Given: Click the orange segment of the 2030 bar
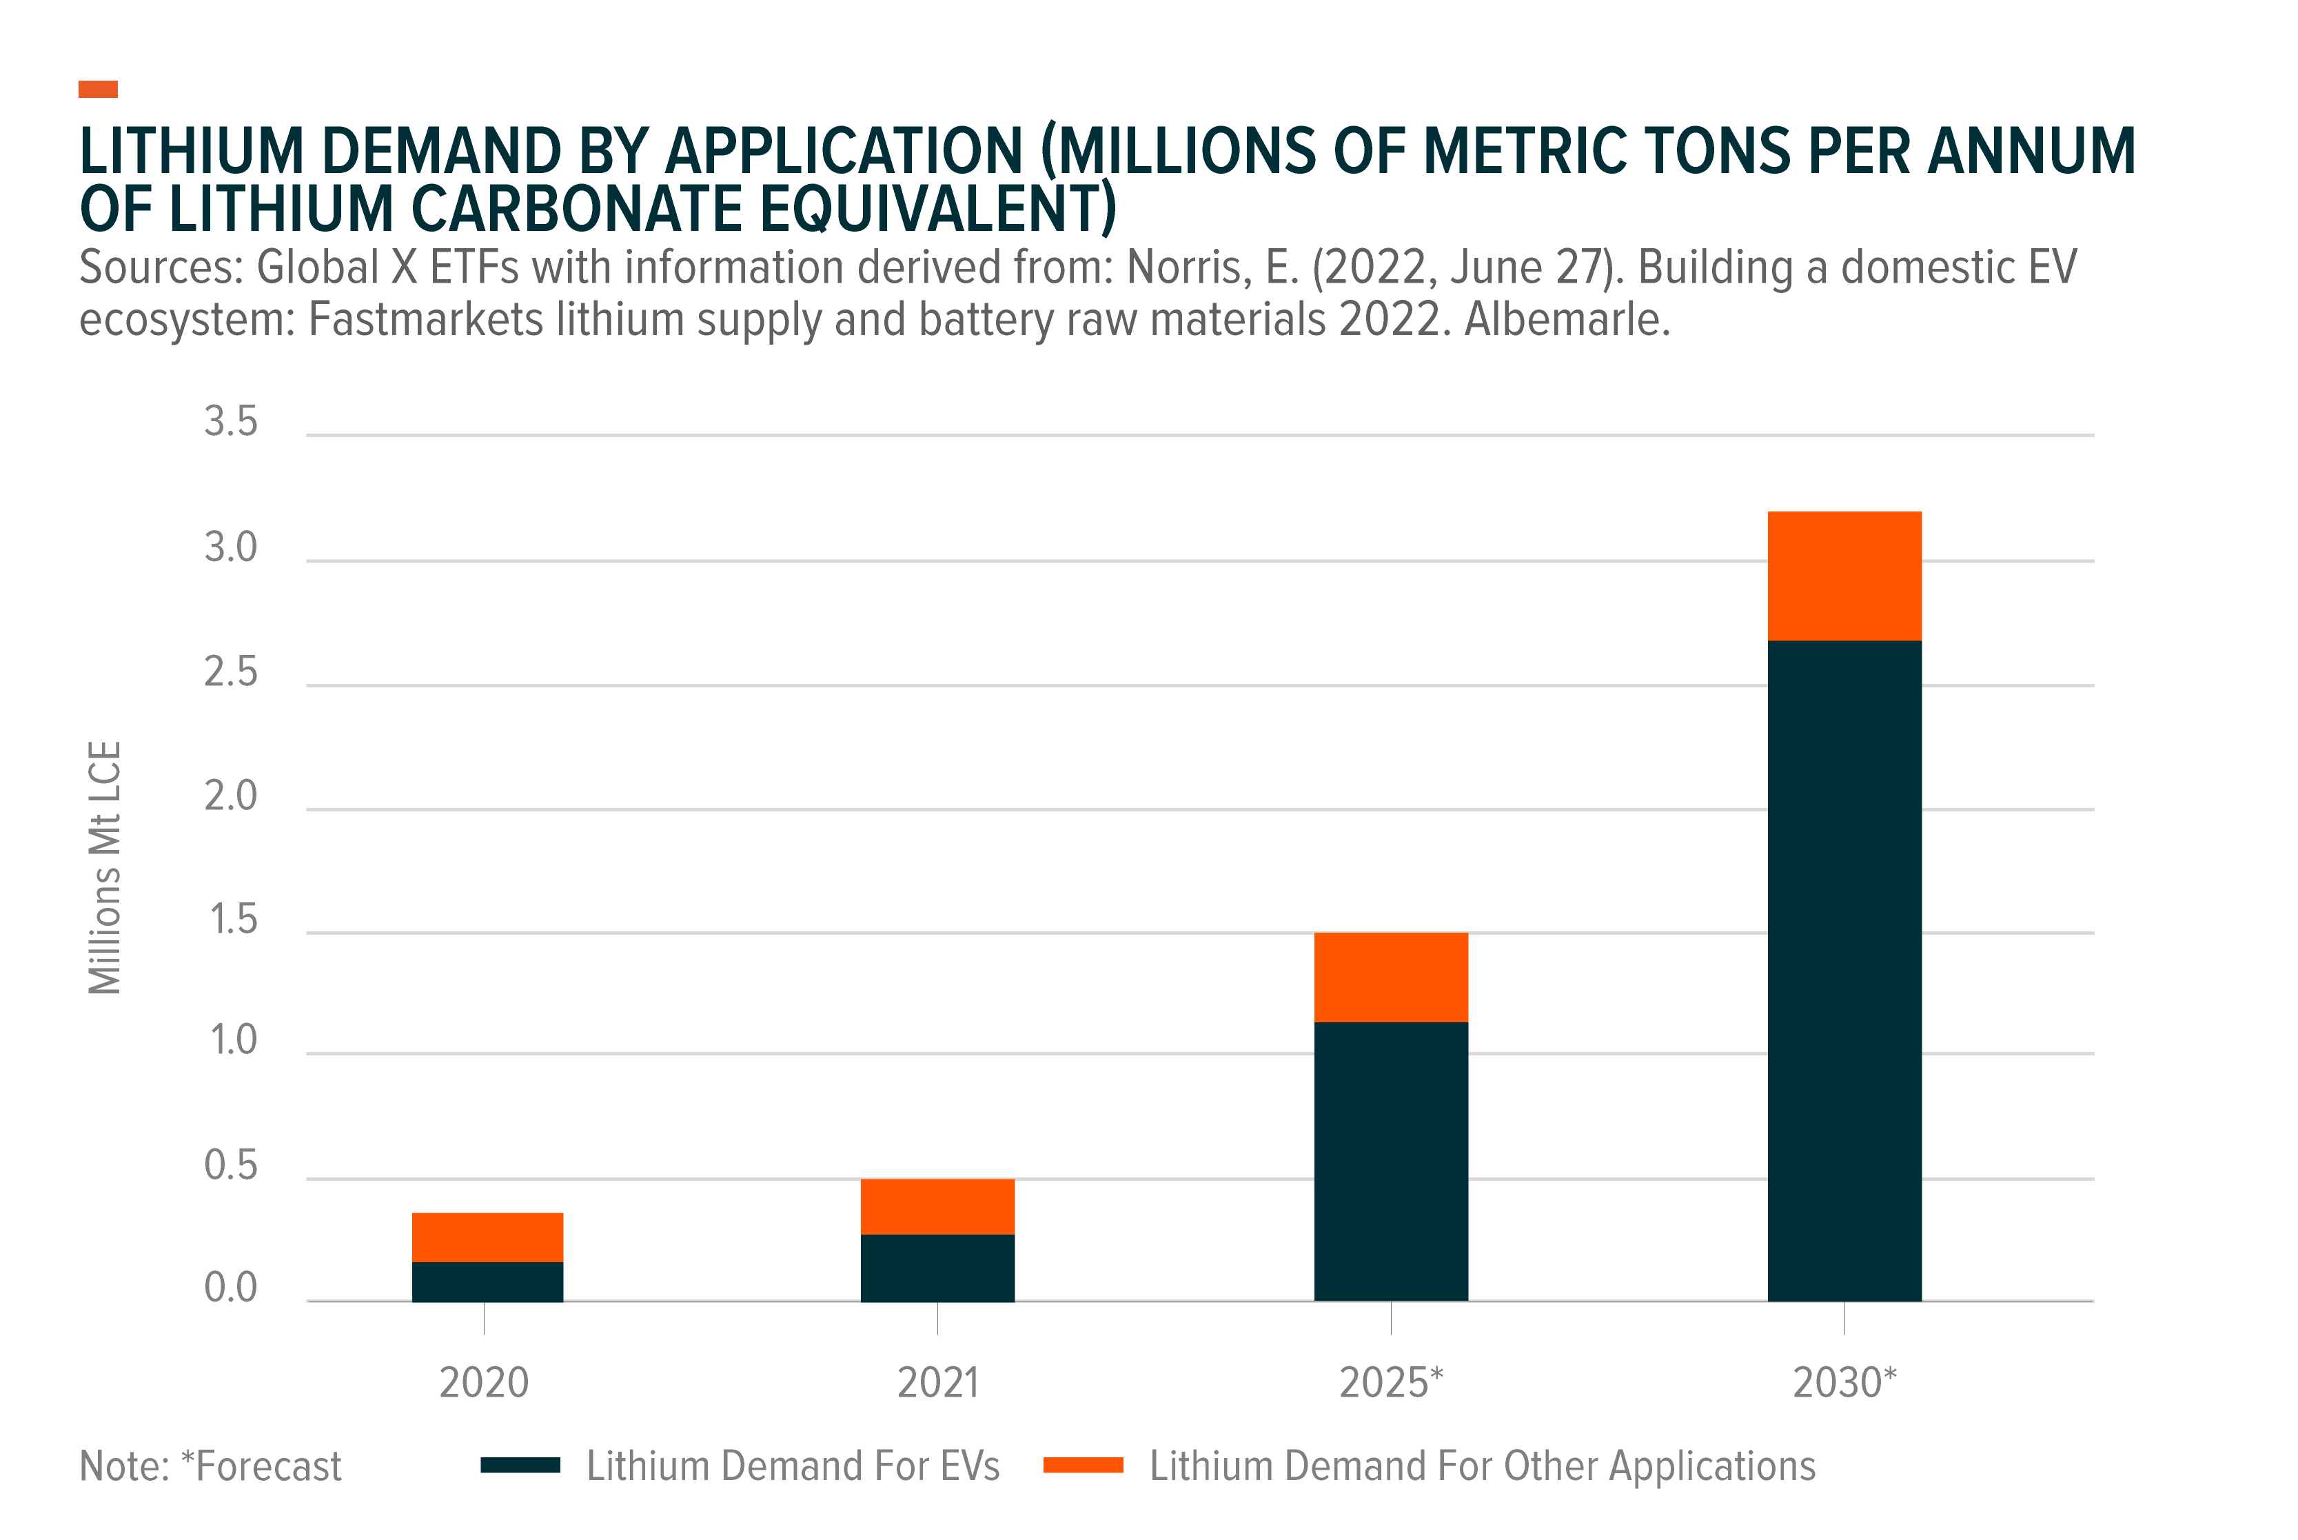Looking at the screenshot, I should pos(1844,576).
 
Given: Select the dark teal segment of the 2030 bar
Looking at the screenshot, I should pos(1844,971).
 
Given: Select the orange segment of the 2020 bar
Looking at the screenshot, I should pos(487,1237).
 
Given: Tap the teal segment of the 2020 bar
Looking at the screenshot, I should pos(487,1281).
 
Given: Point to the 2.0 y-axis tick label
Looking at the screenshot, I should pos(231,796).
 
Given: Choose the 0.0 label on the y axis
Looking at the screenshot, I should pos(231,1288).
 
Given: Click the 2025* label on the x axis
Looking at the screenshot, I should pos(1390,1383).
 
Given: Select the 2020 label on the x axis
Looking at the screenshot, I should pos(483,1383).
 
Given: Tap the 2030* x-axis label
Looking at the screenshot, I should pos(1844,1383).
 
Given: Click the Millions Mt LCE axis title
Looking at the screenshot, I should pos(104,867).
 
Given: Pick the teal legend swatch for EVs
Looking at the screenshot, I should pos(520,1466).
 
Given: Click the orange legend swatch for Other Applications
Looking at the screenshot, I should pos(1084,1466).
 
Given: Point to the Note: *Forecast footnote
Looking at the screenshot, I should pos(210,1466).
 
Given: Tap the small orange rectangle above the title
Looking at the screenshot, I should pos(98,90).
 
